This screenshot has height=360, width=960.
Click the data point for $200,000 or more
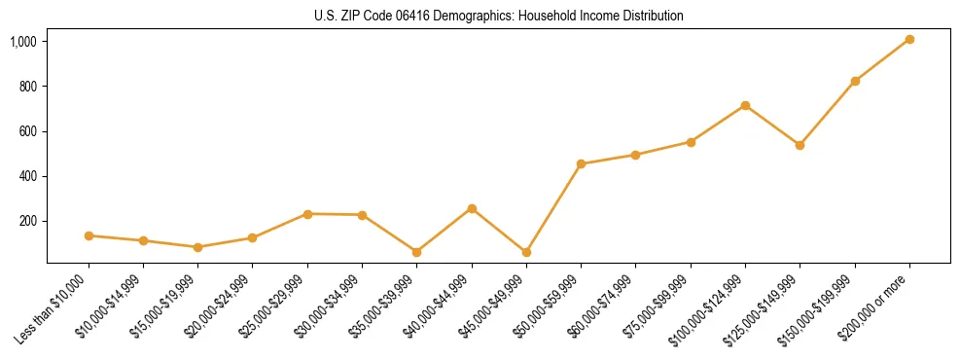[909, 39]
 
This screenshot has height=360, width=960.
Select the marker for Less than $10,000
[89, 235]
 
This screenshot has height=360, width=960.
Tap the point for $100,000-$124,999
[745, 105]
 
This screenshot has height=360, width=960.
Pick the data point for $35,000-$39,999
[417, 252]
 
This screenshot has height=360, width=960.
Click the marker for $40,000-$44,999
[472, 208]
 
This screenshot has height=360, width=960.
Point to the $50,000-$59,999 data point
[581, 164]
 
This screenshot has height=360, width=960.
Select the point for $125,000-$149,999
[800, 145]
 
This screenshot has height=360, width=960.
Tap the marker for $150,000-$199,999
[855, 81]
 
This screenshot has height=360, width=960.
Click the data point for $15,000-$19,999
[198, 247]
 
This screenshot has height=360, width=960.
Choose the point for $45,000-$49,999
[526, 252]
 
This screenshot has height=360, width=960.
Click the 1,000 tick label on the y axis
[23, 42]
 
